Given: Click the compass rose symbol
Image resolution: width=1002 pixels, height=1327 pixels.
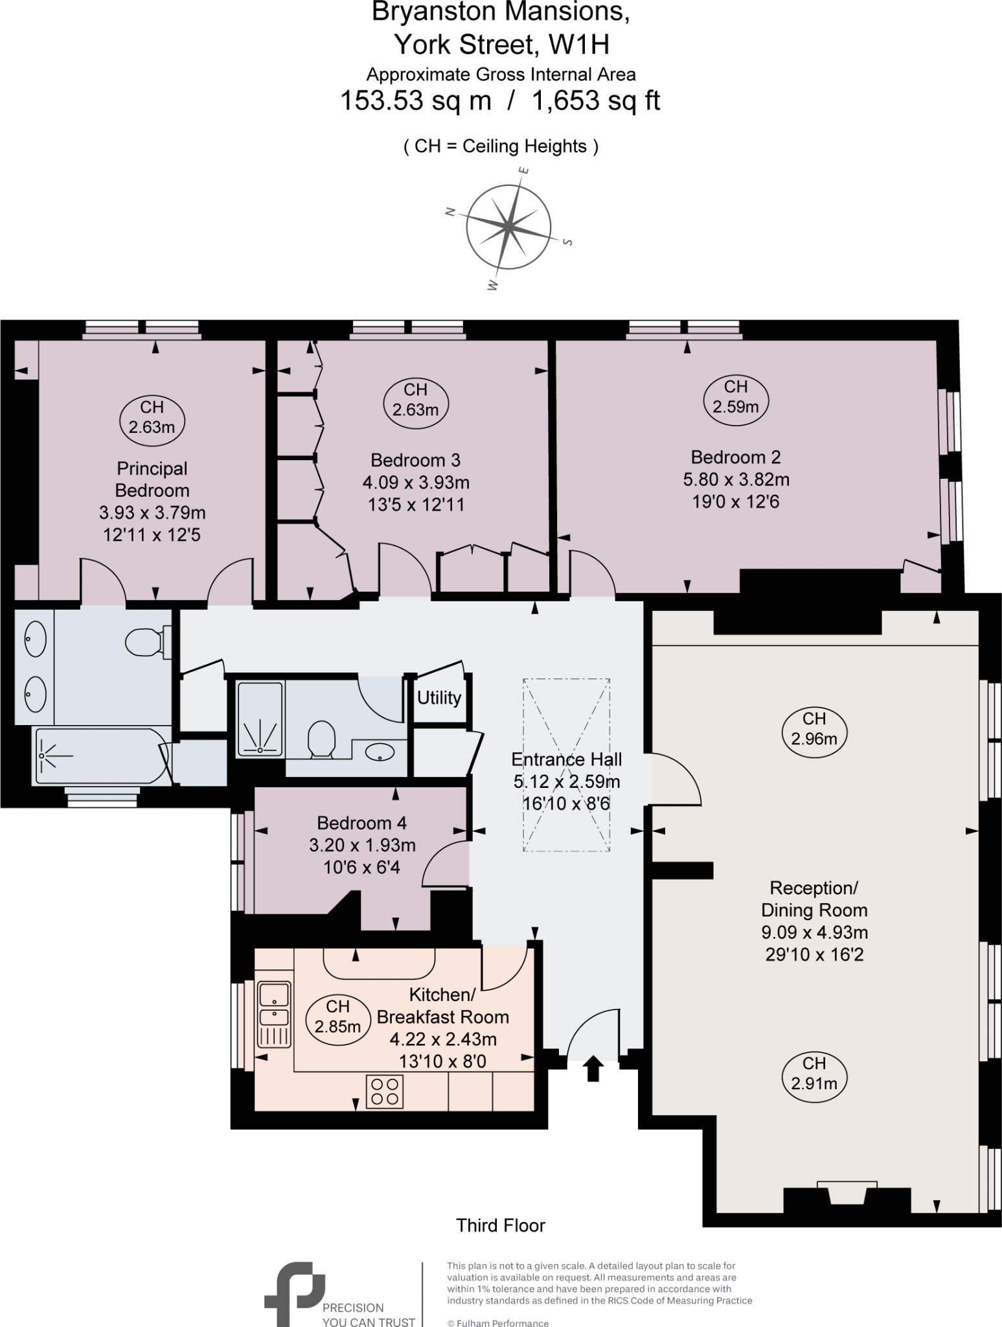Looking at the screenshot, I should coord(508,227).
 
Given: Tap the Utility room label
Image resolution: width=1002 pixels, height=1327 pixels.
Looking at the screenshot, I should coord(439,698).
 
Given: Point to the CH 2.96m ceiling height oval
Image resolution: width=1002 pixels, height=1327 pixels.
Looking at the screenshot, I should coord(814,728).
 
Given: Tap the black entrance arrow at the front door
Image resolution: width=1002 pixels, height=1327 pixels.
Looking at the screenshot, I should coord(593,1068).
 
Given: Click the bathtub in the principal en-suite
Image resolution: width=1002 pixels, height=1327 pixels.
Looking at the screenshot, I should coord(100,756).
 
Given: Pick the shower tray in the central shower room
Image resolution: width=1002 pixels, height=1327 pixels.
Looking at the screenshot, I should coord(260,718).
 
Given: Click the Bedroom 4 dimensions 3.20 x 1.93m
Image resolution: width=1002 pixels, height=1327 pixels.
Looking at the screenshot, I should coord(362,845).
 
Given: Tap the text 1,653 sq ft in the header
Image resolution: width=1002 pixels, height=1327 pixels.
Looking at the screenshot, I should coord(595,101).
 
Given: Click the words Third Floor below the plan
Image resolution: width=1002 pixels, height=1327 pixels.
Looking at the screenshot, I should coord(501,1225).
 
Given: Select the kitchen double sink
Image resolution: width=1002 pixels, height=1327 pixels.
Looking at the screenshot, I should coord(274,1015).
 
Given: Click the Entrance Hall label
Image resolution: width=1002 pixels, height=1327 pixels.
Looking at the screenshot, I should coord(566,759).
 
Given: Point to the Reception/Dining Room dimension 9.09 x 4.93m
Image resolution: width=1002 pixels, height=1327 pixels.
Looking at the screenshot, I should coord(814,932).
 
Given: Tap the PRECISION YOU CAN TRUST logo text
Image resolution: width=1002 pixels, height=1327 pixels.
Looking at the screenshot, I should coord(368,1315).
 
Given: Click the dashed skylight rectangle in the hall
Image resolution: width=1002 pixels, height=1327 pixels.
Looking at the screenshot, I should coord(566,765).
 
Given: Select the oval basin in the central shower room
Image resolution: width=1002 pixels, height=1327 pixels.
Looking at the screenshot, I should coord(380,752).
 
